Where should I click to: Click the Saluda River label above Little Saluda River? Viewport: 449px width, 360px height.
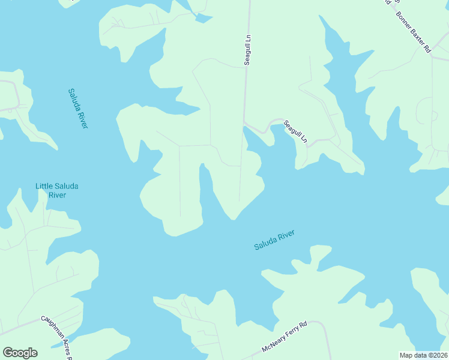78,109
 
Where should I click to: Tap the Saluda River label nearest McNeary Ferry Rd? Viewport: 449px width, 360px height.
274,240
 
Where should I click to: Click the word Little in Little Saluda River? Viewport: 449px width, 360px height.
44,186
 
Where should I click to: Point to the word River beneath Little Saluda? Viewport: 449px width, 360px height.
57,195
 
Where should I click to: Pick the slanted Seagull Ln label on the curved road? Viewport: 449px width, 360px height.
295,131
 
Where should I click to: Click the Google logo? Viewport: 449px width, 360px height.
20,353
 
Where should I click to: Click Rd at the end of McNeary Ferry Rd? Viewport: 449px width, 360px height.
303,325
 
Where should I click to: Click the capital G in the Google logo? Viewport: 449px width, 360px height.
8,353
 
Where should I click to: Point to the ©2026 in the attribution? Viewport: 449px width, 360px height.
437,355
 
